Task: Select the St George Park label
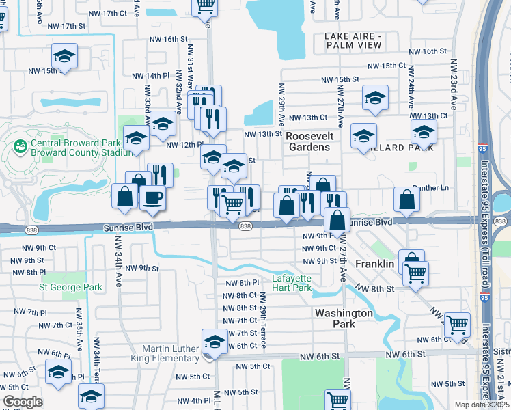click(x=70, y=287)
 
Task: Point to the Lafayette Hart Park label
click(x=301, y=283)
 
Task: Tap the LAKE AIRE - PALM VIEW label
click(x=353, y=40)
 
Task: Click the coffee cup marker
click(x=152, y=197)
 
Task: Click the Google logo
click(x=23, y=402)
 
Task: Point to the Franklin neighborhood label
click(x=374, y=263)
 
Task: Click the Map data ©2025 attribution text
click(x=482, y=405)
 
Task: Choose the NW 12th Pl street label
click(x=184, y=144)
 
